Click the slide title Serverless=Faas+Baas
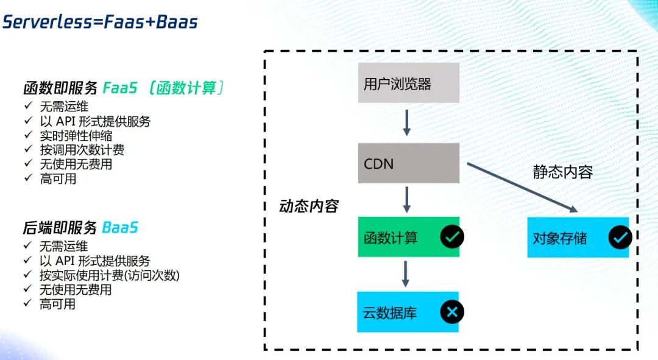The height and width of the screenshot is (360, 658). tap(100, 23)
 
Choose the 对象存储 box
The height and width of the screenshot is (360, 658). tap(567, 237)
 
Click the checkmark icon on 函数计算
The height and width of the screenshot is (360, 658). tap(451, 237)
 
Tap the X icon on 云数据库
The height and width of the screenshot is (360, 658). tap(451, 312)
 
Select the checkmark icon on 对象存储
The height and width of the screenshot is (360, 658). tap(620, 237)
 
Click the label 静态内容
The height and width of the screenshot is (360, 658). tap(562, 172)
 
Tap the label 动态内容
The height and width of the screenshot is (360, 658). tap(309, 206)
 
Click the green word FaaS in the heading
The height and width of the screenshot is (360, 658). tap(119, 88)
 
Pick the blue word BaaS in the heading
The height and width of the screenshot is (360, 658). tap(120, 228)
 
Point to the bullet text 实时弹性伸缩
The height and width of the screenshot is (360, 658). tap(76, 136)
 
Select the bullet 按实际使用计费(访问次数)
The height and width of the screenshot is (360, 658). tap(110, 275)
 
